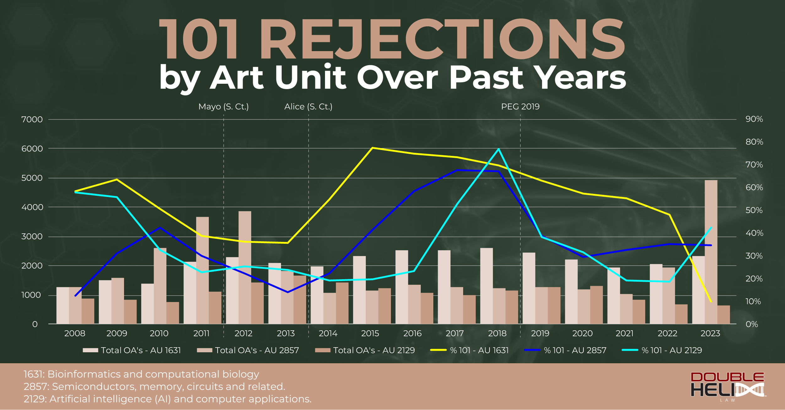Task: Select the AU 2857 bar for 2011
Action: (203, 270)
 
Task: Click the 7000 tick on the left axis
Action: (32, 120)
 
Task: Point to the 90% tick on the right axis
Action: (754, 119)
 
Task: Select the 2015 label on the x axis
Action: (370, 333)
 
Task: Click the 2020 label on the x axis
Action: (582, 333)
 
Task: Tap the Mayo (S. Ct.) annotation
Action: (224, 107)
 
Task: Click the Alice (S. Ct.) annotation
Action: (308, 107)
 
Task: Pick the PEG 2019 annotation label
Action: (520, 107)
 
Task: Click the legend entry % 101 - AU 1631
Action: (470, 350)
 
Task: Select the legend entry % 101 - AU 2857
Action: (566, 350)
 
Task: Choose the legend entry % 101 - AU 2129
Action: (662, 350)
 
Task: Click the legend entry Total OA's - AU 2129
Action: (365, 350)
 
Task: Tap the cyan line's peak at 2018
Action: (499, 149)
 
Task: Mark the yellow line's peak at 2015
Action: (372, 148)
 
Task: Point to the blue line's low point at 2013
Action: (288, 292)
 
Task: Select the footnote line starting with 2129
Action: (168, 399)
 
